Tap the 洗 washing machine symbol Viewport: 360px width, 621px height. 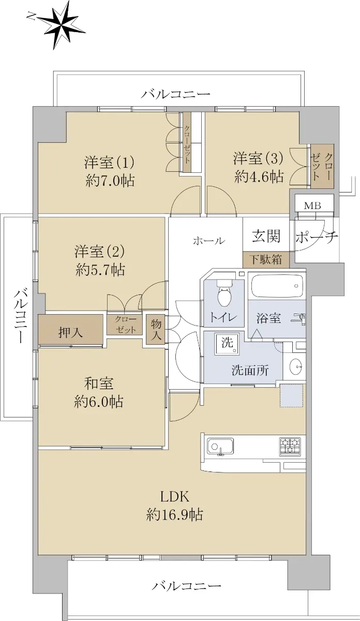(227, 344)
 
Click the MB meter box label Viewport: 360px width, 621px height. (312, 206)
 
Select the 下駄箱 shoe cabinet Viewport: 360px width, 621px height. (266, 260)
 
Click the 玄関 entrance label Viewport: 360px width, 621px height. (266, 236)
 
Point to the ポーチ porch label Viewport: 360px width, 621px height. (317, 237)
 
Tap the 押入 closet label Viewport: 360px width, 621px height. (71, 332)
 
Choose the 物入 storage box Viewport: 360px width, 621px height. (156, 329)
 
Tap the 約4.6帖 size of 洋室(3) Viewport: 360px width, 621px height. (259, 176)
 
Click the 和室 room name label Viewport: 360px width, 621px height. (99, 383)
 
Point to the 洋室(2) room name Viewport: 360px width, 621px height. (99, 251)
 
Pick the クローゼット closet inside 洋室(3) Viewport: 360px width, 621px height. (322, 166)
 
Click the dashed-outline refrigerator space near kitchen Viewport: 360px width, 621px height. (291, 395)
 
